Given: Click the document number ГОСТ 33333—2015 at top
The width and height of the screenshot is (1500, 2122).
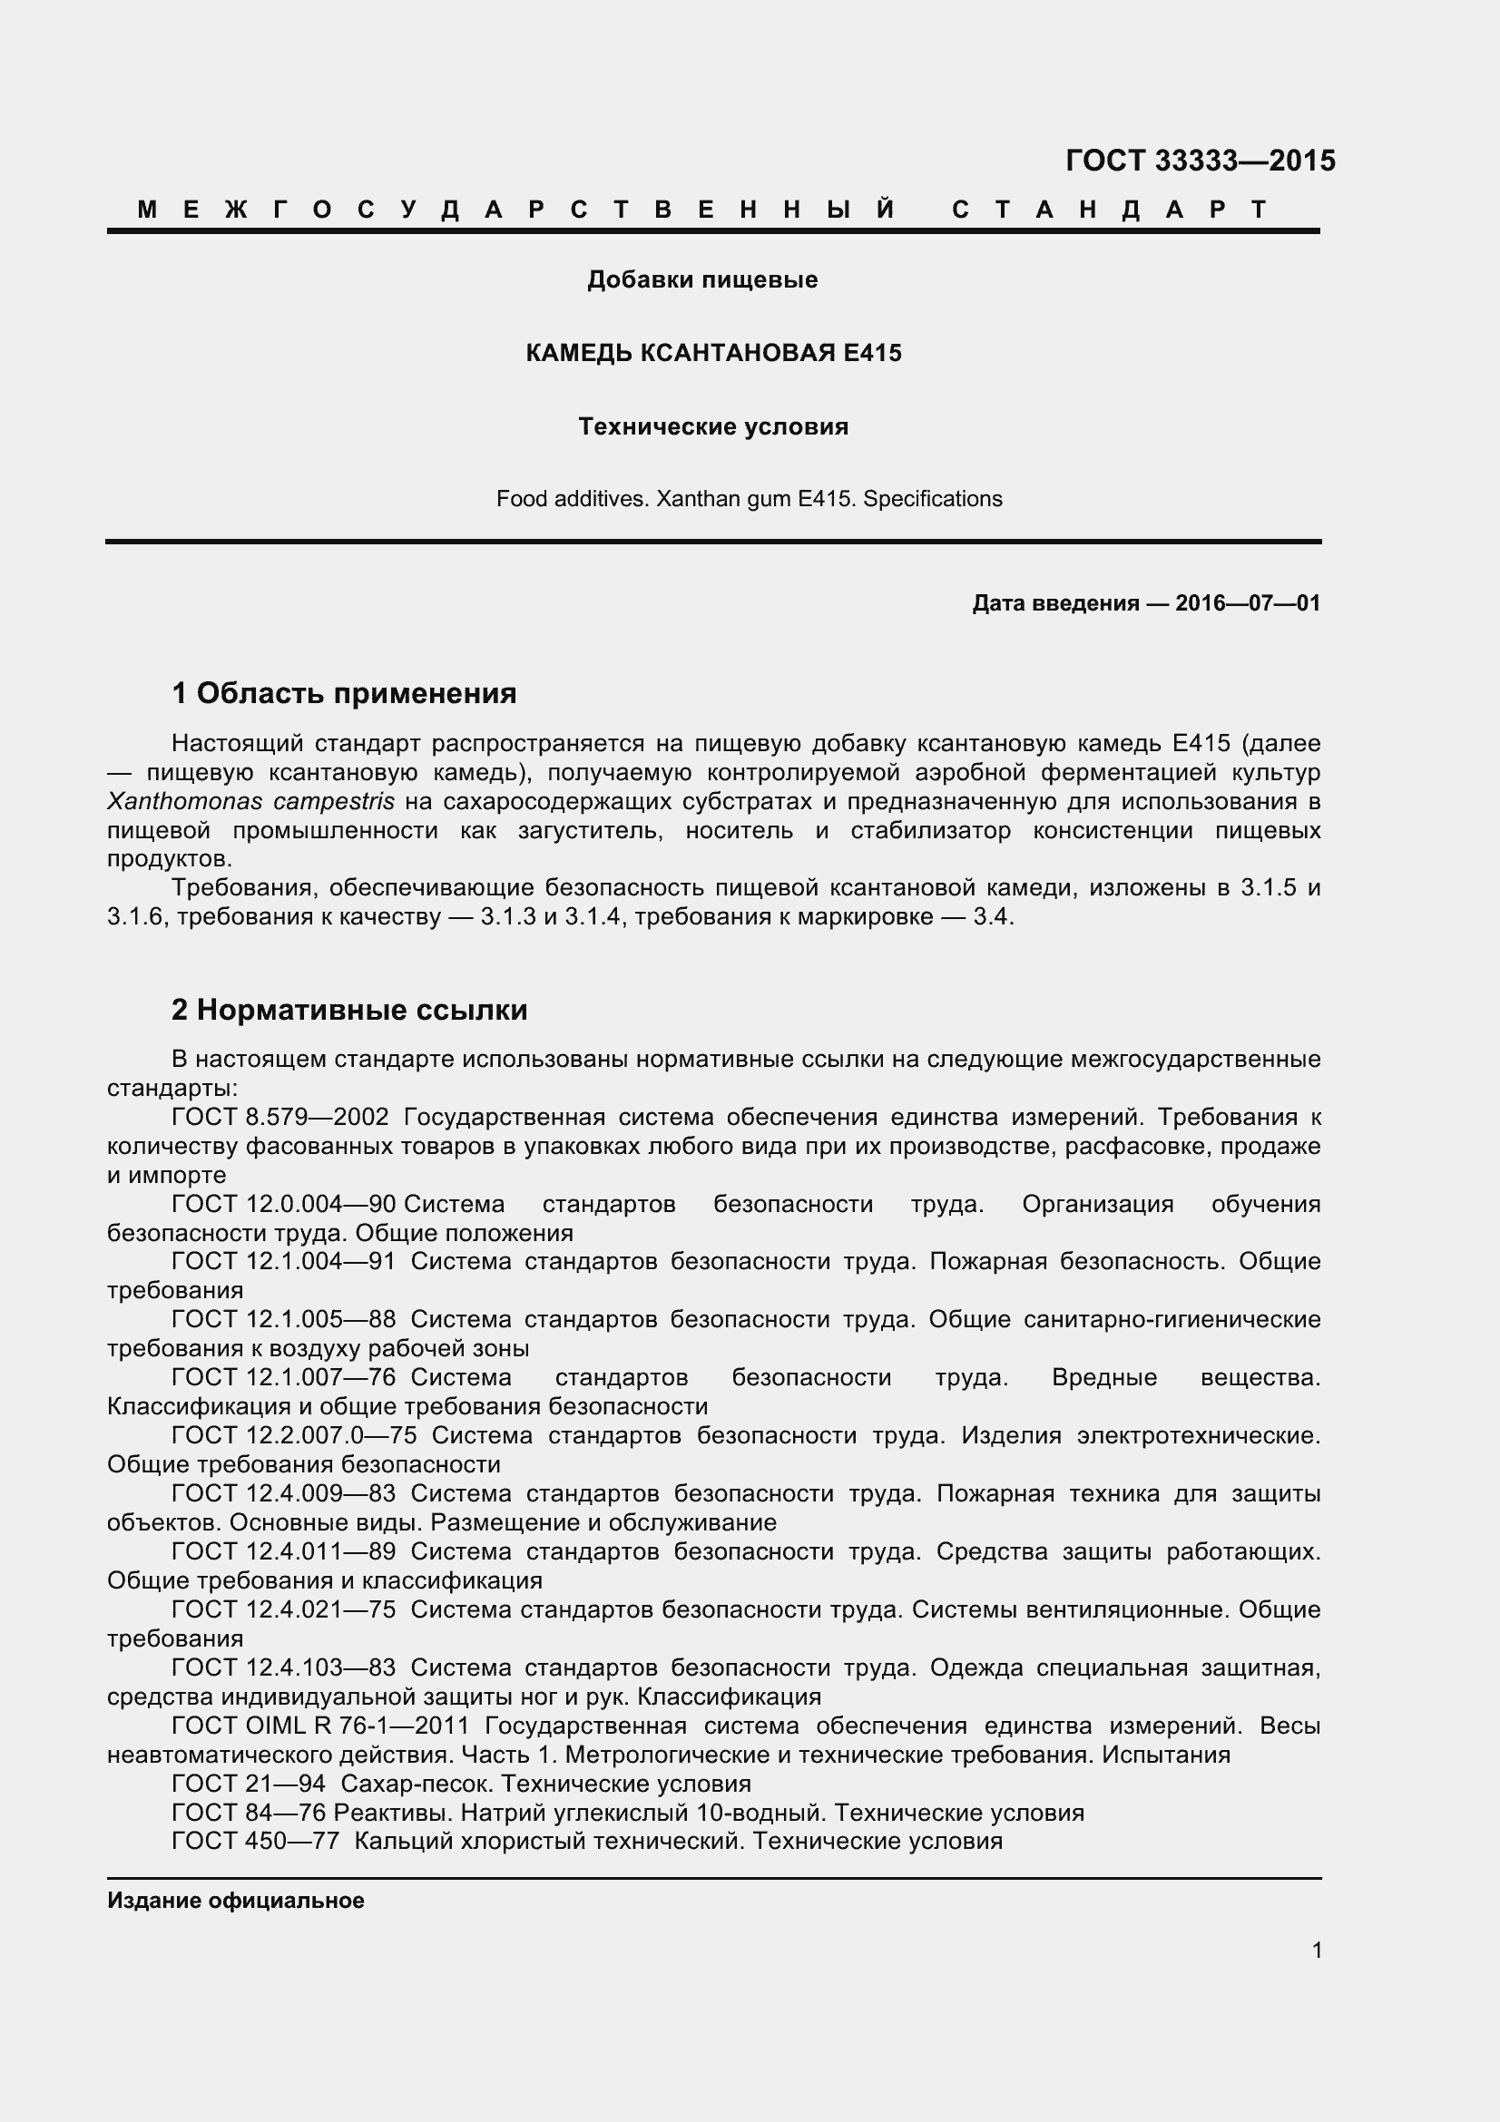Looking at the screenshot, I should pos(1200,161).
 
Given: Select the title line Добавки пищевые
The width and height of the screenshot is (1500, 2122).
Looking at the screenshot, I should pos(702,279).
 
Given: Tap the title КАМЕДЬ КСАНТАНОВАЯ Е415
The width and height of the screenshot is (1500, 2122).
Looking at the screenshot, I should pos(712,353).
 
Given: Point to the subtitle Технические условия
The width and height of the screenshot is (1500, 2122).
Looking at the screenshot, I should pos(712,426).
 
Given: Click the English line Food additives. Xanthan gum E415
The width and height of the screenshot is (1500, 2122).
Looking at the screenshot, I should pos(749,499).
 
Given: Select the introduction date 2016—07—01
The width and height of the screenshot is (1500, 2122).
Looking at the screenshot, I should pos(1247,603).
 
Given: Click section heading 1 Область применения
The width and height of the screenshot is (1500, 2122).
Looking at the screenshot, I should pos(344,692).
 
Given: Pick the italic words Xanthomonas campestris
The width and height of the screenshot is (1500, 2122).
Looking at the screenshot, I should pos(250,801).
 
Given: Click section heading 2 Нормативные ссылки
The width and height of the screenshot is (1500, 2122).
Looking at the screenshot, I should pos(349,1009).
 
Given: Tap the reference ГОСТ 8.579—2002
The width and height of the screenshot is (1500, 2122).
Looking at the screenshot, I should pos(280,1118).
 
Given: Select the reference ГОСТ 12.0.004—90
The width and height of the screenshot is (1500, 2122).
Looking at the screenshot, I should pos(284,1204).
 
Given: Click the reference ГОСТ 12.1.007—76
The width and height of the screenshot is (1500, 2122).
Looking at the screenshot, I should pos(284,1377).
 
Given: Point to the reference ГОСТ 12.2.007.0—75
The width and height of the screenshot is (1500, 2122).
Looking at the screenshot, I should pos(294,1435).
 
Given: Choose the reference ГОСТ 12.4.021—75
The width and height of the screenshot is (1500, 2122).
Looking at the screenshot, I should pos(284,1609).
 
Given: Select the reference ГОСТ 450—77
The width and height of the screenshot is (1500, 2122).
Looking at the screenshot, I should pos(255,1841).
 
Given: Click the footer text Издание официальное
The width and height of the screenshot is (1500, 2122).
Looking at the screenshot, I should pos(236,1901).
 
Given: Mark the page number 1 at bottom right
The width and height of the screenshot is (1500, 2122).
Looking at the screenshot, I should pos(1316,1951).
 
